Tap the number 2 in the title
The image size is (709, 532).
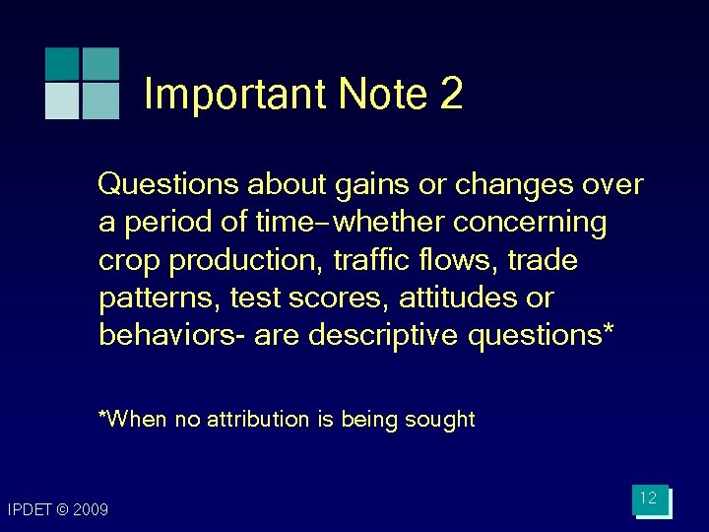(x=451, y=96)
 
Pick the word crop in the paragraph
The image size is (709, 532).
(x=130, y=261)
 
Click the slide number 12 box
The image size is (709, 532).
(x=649, y=499)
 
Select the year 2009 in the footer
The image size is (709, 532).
(x=90, y=510)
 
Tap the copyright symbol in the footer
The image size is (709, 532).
(x=60, y=510)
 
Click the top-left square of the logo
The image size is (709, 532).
(x=62, y=63)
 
